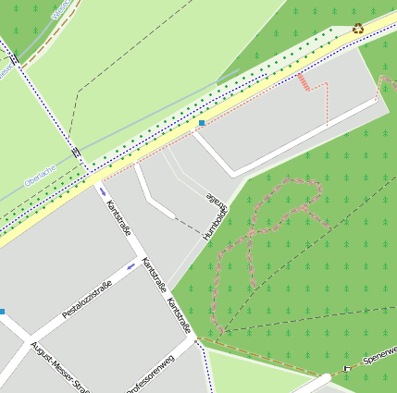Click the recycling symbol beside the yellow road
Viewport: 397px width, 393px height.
click(x=358, y=29)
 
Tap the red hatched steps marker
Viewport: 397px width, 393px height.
click(x=304, y=82)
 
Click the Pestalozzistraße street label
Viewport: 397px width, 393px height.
click(x=86, y=300)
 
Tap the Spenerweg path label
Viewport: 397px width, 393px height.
click(x=380, y=355)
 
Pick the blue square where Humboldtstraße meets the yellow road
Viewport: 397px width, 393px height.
click(x=202, y=122)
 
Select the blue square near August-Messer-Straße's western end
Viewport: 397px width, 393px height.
click(x=2, y=312)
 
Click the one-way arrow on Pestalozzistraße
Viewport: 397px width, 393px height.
click(x=130, y=266)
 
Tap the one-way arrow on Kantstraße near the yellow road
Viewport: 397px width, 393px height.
click(x=102, y=191)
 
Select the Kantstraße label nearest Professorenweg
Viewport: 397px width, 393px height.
click(x=179, y=315)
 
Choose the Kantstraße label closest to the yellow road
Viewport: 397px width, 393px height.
click(x=119, y=218)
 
